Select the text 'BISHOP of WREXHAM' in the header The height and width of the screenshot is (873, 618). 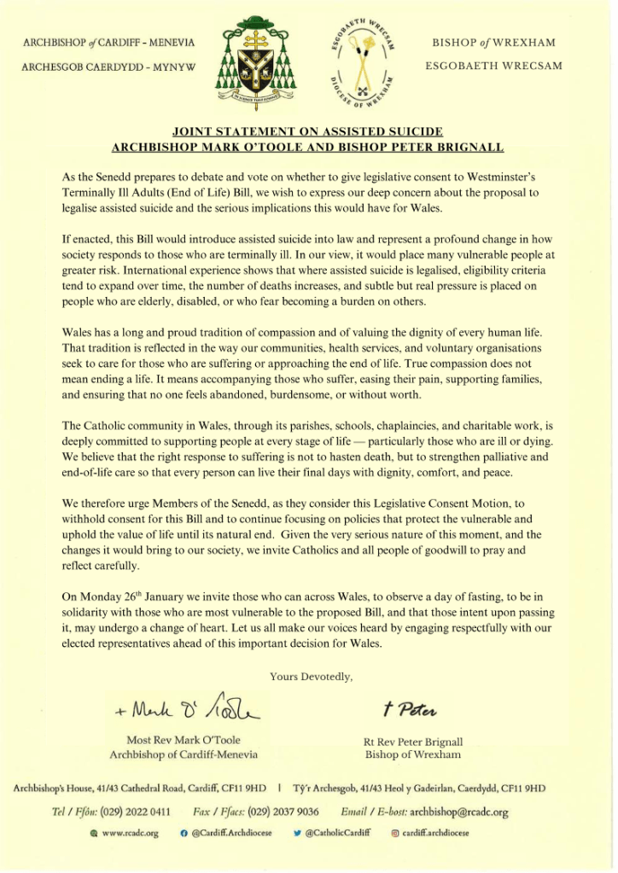[493, 42]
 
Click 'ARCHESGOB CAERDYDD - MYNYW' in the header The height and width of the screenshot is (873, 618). [109, 66]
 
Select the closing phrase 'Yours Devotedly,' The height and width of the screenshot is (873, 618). [310, 676]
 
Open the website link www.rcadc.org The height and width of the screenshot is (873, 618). [130, 833]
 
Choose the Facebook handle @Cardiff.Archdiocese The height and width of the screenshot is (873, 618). [231, 833]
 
